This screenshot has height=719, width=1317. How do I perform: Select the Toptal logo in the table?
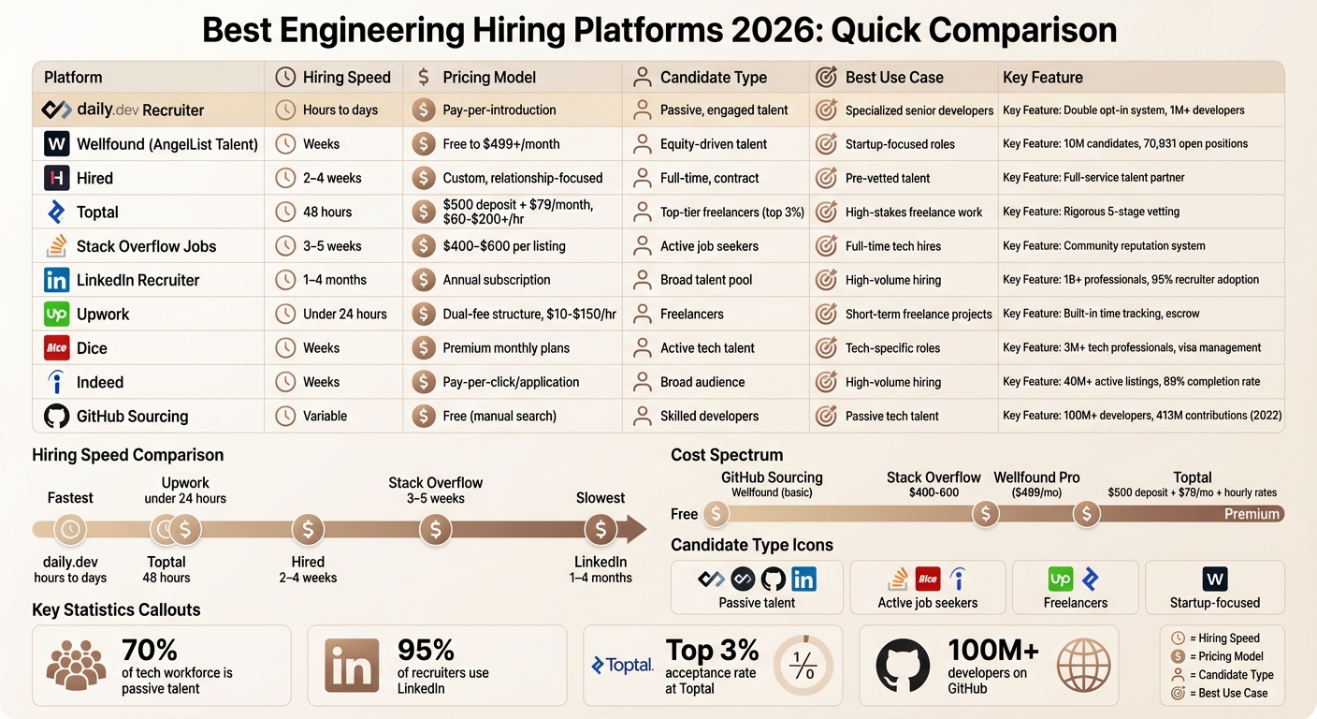click(56, 213)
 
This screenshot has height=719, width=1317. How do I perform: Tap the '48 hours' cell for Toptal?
click(327, 213)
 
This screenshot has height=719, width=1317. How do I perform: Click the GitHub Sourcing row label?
click(132, 417)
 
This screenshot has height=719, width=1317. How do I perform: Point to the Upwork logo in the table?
click(56, 315)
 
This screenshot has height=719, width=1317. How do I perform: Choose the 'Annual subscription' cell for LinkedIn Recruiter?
click(496, 280)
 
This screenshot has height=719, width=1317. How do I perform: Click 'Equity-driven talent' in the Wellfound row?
click(713, 144)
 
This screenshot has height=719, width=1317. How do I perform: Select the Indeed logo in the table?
click(56, 382)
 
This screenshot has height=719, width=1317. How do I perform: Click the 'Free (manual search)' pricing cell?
click(499, 417)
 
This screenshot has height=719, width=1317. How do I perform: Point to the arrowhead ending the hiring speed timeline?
click(636, 530)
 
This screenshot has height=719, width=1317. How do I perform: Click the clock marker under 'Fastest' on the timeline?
click(69, 530)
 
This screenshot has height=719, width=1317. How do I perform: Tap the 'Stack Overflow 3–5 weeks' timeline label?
click(435, 491)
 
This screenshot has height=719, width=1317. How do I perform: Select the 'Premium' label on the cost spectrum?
click(1252, 514)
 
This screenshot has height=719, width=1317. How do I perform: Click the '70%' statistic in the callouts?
click(150, 650)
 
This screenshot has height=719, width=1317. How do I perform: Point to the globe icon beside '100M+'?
click(1082, 665)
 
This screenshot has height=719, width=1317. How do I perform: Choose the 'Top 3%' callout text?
click(712, 650)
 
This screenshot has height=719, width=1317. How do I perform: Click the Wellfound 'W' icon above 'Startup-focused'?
click(1214, 579)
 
